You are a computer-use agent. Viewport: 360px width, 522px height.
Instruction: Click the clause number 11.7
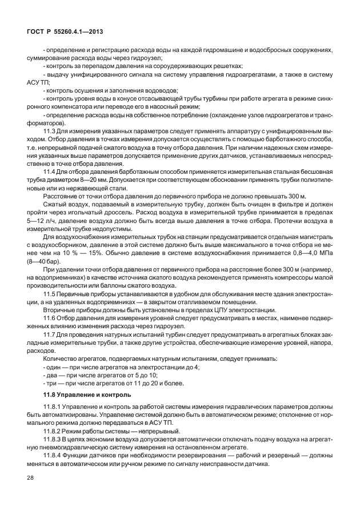click(49, 333)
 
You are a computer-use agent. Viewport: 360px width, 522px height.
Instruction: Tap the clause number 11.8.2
click(52, 431)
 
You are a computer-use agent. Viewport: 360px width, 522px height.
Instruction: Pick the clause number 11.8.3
click(52, 439)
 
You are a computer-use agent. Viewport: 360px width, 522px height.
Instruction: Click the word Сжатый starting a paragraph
click(55, 212)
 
